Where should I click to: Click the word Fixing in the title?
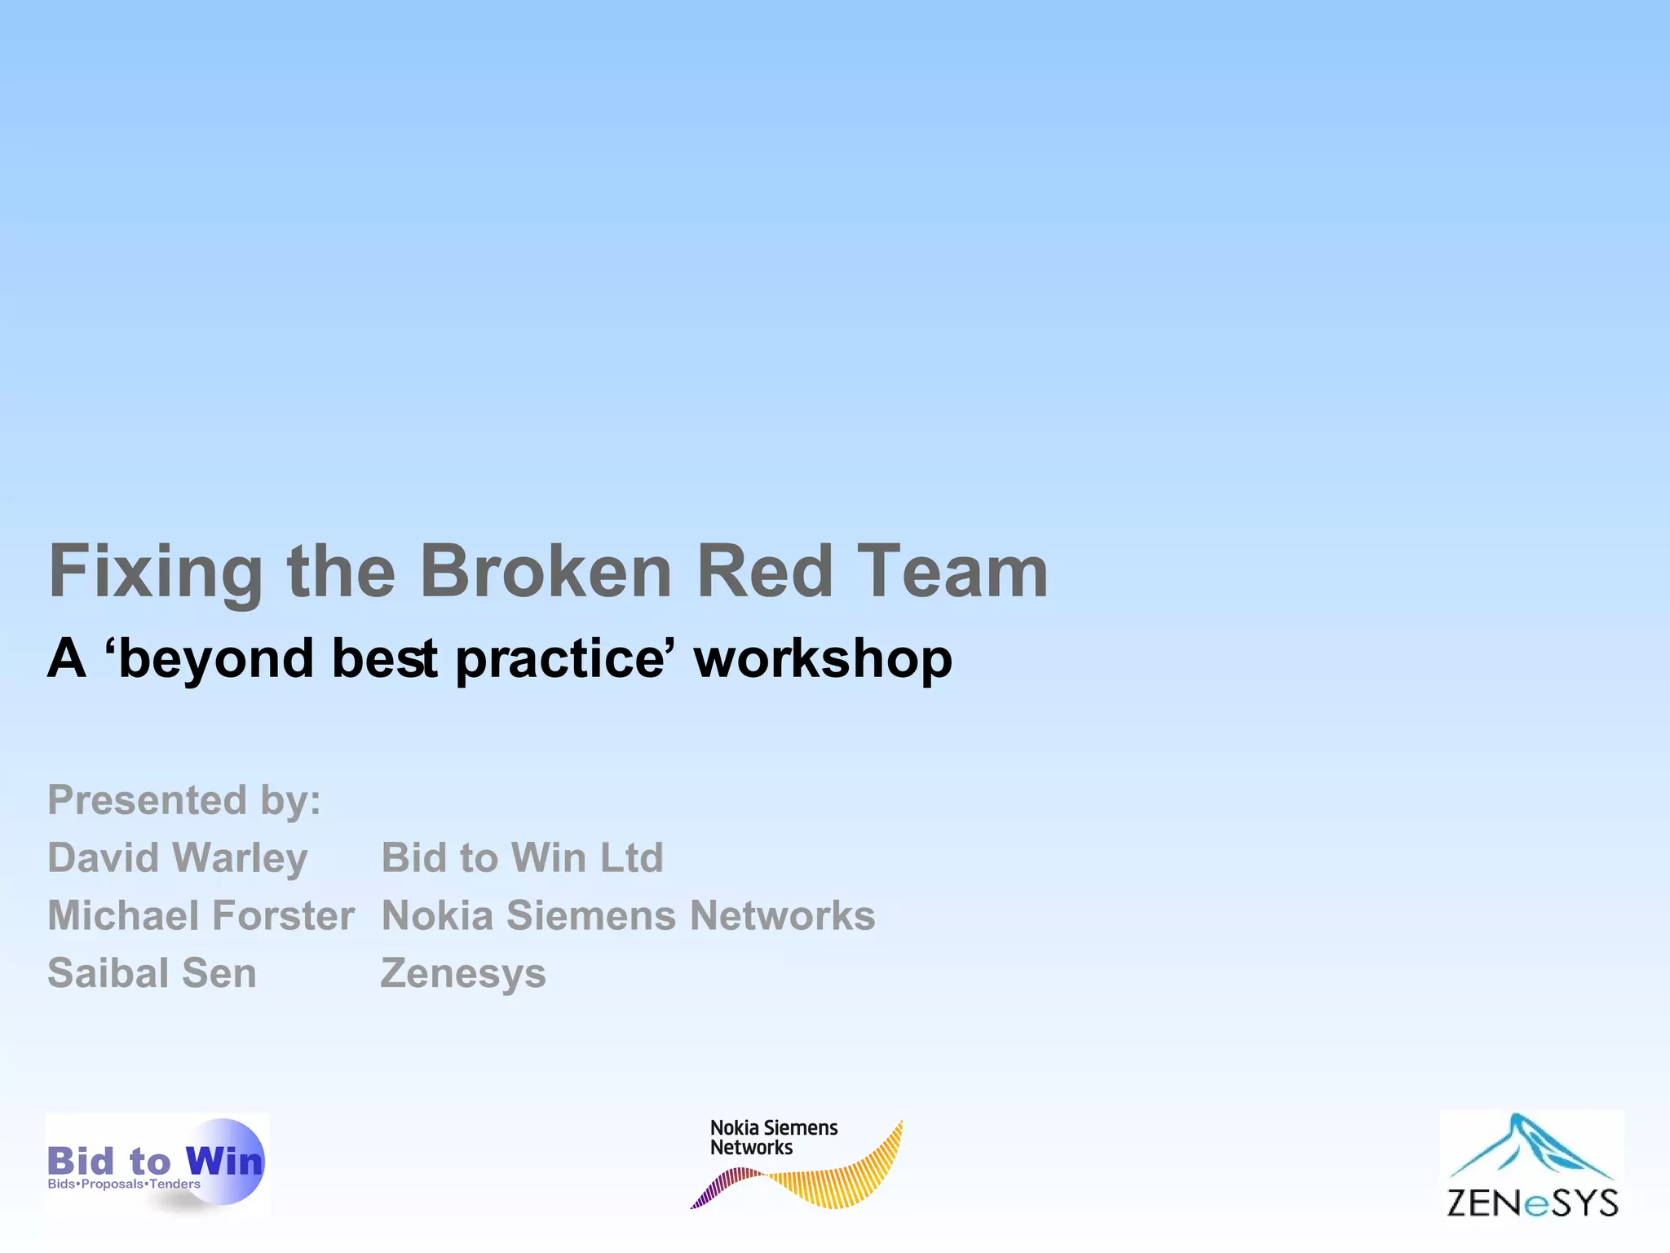[x=155, y=573]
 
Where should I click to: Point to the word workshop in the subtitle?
[x=823, y=659]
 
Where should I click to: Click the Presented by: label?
[x=184, y=799]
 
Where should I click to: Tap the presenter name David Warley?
[x=178, y=858]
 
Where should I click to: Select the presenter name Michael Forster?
[x=201, y=915]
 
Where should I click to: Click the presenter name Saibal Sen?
[x=152, y=973]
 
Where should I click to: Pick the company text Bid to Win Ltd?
[x=522, y=858]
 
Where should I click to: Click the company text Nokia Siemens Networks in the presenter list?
[x=628, y=915]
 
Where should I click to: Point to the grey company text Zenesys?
[x=463, y=973]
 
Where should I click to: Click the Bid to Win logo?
[x=157, y=1162]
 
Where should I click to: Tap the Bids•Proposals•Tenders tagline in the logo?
[x=124, y=1184]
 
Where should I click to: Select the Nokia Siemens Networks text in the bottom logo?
[x=773, y=1137]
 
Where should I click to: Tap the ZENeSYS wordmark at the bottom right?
[x=1532, y=1202]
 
